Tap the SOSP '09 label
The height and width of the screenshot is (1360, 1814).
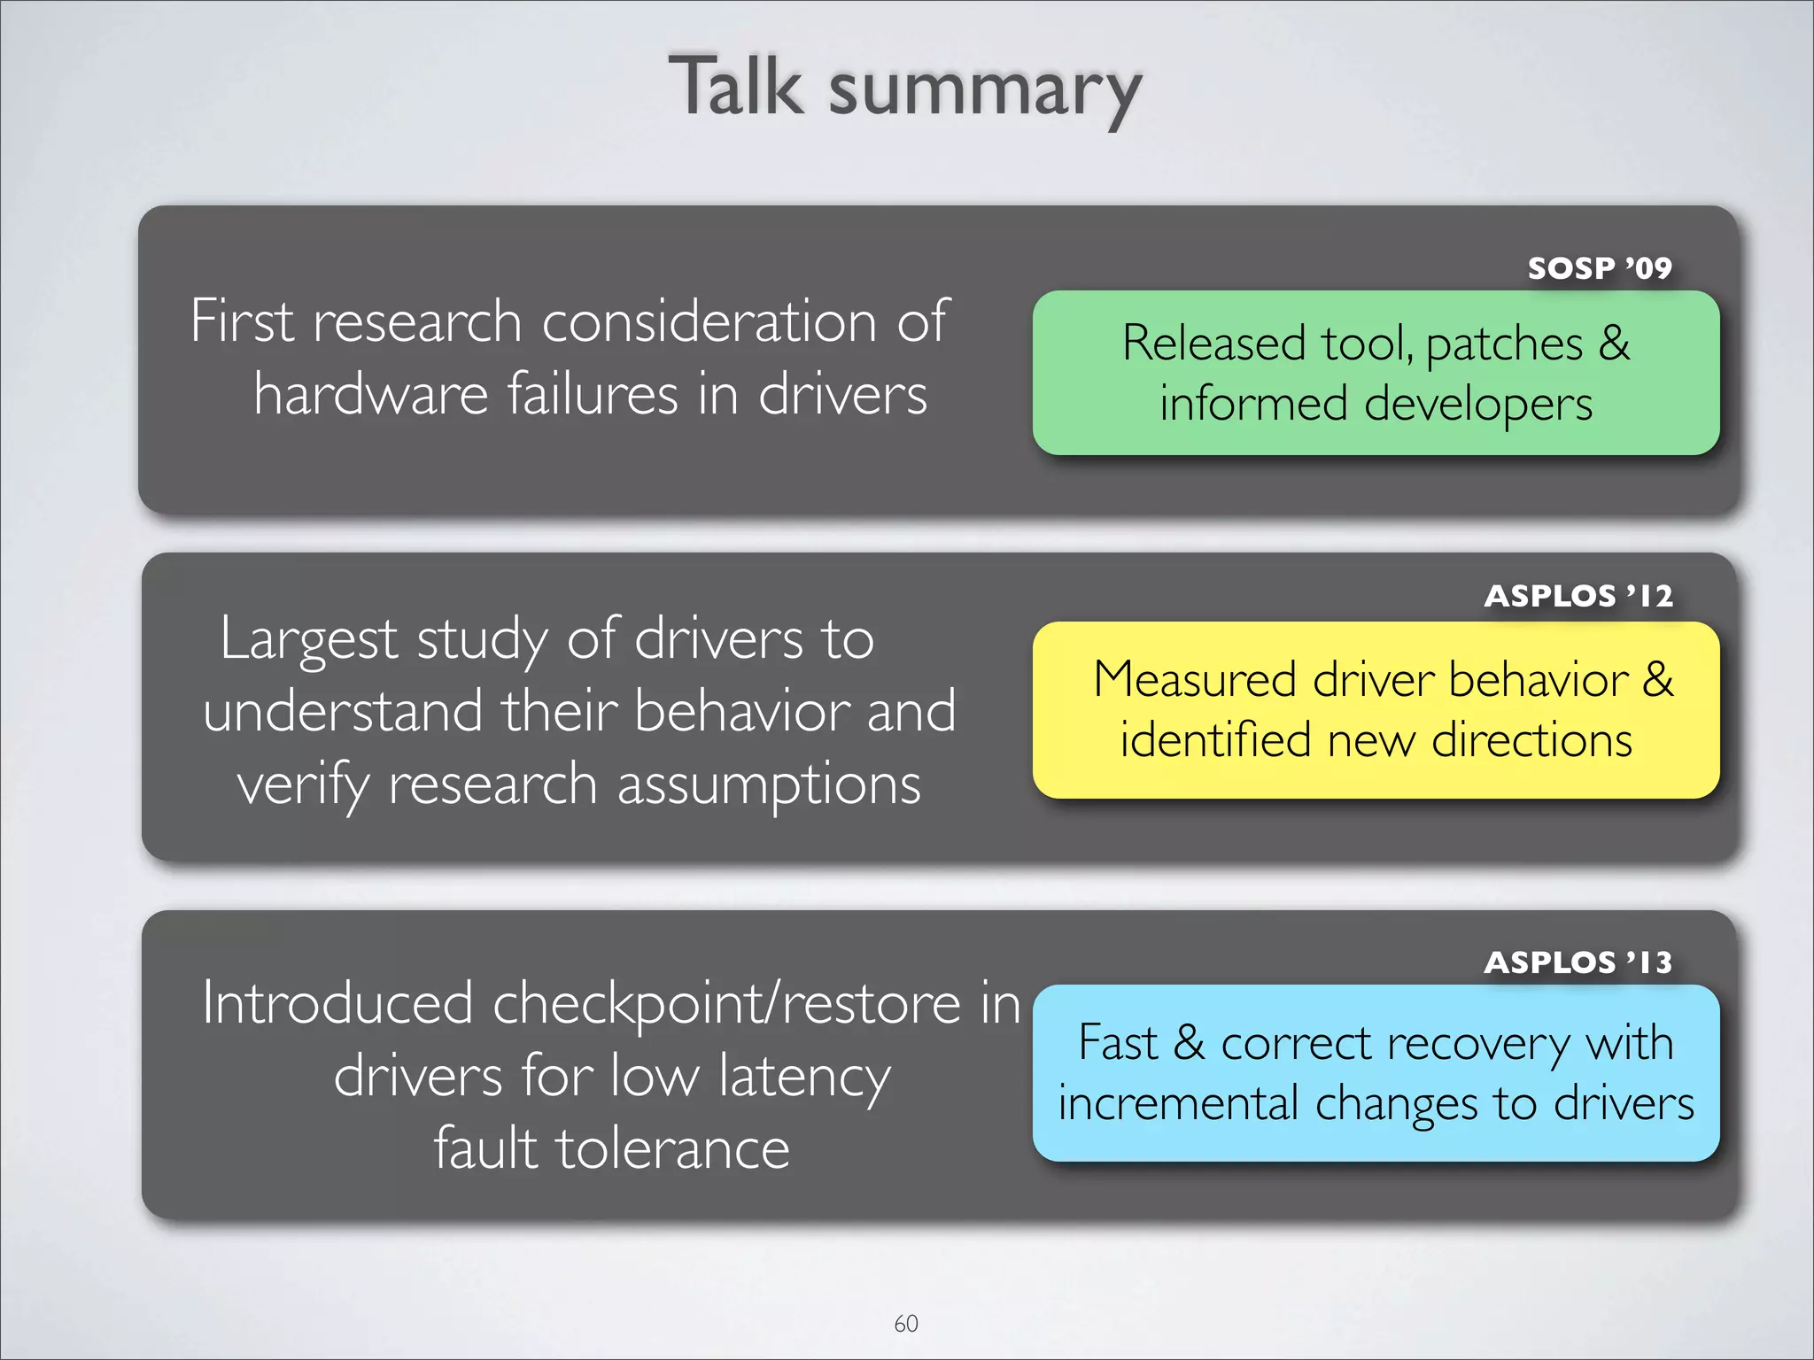point(1600,267)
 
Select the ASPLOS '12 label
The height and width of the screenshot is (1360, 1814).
point(1578,596)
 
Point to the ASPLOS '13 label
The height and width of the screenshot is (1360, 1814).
point(1578,962)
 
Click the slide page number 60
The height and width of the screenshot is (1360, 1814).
point(906,1323)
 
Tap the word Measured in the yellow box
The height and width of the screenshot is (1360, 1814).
point(1196,680)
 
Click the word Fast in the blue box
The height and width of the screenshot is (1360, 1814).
point(1118,1043)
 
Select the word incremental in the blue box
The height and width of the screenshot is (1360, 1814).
point(1178,1103)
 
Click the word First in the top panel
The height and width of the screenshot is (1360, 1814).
point(242,321)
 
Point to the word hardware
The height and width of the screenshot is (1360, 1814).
point(370,394)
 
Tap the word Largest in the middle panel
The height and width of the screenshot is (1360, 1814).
point(309,639)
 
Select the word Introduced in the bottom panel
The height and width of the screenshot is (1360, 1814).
point(337,1004)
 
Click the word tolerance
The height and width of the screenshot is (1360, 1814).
point(671,1148)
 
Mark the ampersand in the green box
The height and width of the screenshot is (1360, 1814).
point(1614,344)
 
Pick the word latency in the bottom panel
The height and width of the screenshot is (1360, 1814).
point(804,1078)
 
